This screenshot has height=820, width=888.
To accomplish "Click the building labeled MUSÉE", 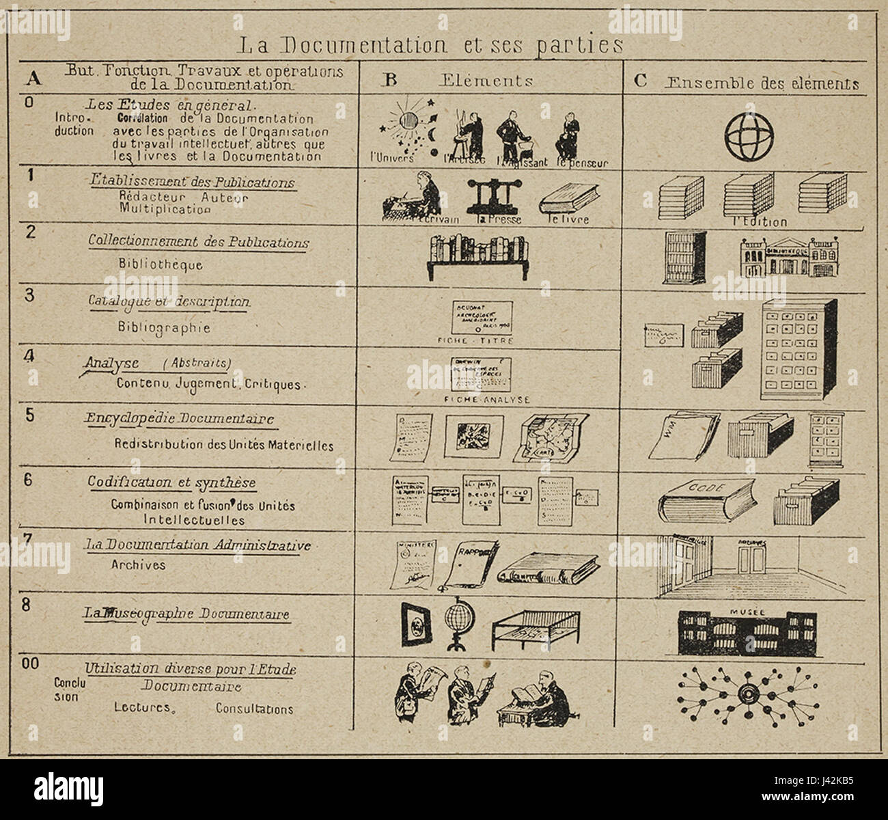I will [x=747, y=629].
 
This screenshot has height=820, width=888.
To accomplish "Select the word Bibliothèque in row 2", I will [x=160, y=264].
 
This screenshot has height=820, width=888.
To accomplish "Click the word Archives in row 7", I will [x=138, y=565].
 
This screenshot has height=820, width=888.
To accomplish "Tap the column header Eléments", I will [x=486, y=81].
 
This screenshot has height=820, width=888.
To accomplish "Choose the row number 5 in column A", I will [x=30, y=415].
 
